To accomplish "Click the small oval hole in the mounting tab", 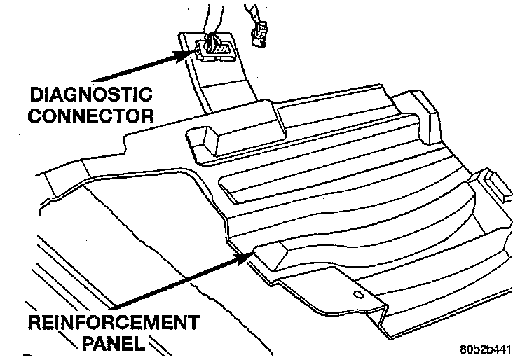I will click(359, 294).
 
